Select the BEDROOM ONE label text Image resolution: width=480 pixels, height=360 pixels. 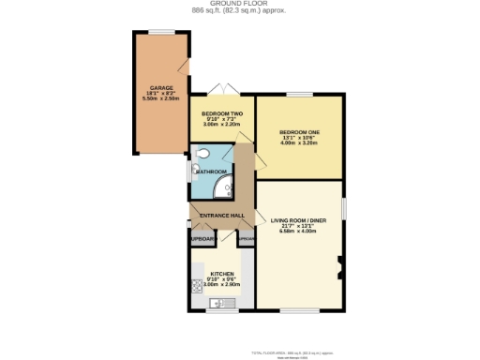[x=300, y=132]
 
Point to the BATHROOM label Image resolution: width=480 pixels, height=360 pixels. [x=212, y=172]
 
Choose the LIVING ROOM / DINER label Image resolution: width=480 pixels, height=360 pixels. [x=299, y=220]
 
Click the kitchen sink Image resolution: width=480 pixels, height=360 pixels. [x=221, y=302]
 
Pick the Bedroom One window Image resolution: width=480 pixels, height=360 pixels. [x=299, y=94]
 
